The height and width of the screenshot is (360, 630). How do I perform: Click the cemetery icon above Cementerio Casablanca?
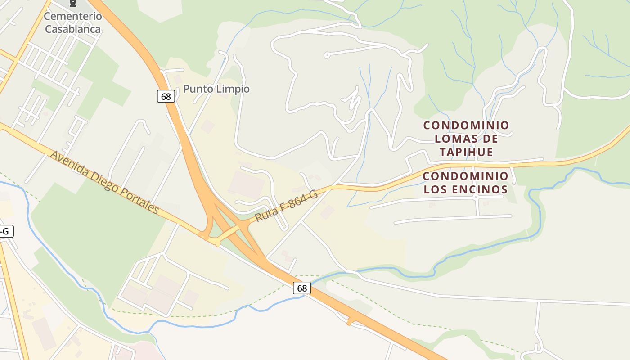point(72,4)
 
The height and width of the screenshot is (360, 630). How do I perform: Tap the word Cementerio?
point(73,16)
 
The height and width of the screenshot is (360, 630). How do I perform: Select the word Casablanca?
point(73,29)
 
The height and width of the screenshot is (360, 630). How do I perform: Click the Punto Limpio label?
point(216,89)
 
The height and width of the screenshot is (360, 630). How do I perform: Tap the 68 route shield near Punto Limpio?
point(166,96)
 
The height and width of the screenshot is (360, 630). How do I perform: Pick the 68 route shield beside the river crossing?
point(302,288)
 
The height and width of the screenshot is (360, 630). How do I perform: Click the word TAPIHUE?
point(466,152)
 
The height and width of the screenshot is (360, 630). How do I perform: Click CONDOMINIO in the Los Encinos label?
point(466,176)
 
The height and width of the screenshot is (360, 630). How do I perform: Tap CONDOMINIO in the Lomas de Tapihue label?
point(466,125)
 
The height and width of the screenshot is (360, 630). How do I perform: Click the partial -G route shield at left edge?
point(5,232)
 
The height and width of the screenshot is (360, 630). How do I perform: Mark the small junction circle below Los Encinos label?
point(476,197)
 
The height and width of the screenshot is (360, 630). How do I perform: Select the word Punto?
point(198,89)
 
